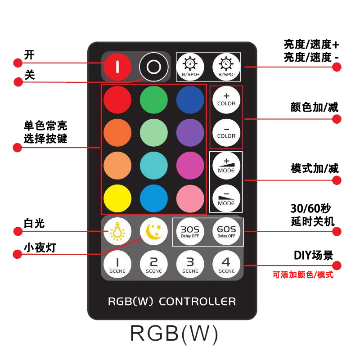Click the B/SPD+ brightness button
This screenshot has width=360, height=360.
pos(190,67)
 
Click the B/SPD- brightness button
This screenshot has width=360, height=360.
pos(226,67)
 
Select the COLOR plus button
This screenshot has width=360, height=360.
pos(226,99)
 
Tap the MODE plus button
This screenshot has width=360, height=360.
pos(226,165)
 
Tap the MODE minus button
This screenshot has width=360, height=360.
pos(226,198)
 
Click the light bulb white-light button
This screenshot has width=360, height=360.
pos(117,231)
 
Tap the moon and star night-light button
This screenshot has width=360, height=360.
pos(153,231)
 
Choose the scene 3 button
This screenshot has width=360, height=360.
pos(190,264)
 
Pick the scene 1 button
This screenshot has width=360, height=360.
pos(117,264)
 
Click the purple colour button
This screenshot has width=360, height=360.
pos(190,132)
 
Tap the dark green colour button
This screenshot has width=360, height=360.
pos(153,99)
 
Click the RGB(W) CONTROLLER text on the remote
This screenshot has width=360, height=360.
pos(172,301)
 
